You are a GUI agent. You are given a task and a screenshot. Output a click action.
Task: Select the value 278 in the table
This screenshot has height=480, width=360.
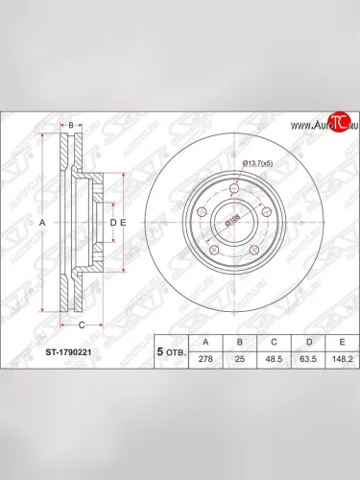pyautogui.click(x=204, y=357)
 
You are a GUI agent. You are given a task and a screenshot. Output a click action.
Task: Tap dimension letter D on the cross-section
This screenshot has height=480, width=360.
pyautogui.click(x=112, y=223)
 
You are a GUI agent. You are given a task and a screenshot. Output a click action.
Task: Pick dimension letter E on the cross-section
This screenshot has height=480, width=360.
pyautogui.click(x=123, y=223)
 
